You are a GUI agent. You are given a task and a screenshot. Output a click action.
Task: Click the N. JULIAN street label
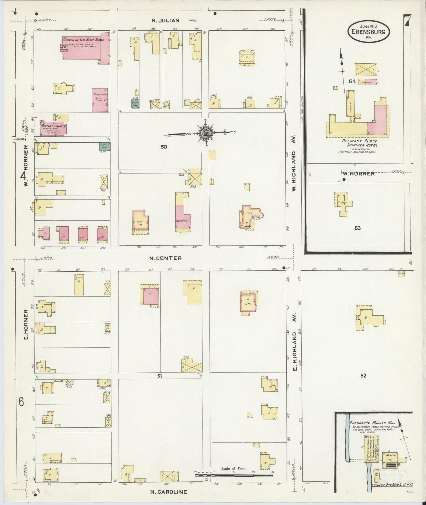point(165,21)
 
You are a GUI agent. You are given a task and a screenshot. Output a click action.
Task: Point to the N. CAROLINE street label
point(169,492)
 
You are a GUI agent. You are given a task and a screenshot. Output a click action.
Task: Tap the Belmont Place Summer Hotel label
point(359,143)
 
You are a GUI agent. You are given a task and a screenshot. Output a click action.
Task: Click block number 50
point(164,147)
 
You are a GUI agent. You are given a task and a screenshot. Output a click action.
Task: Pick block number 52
point(363,375)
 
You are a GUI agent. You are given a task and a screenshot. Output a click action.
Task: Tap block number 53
point(358,228)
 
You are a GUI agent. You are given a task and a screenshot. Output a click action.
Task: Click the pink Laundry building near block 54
point(368,82)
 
